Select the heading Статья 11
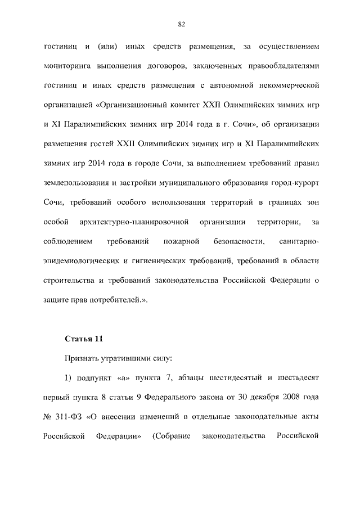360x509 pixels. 84,339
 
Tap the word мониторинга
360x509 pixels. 67,66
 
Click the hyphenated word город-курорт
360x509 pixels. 292,183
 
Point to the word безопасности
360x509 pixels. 239,241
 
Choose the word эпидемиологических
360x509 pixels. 82,261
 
